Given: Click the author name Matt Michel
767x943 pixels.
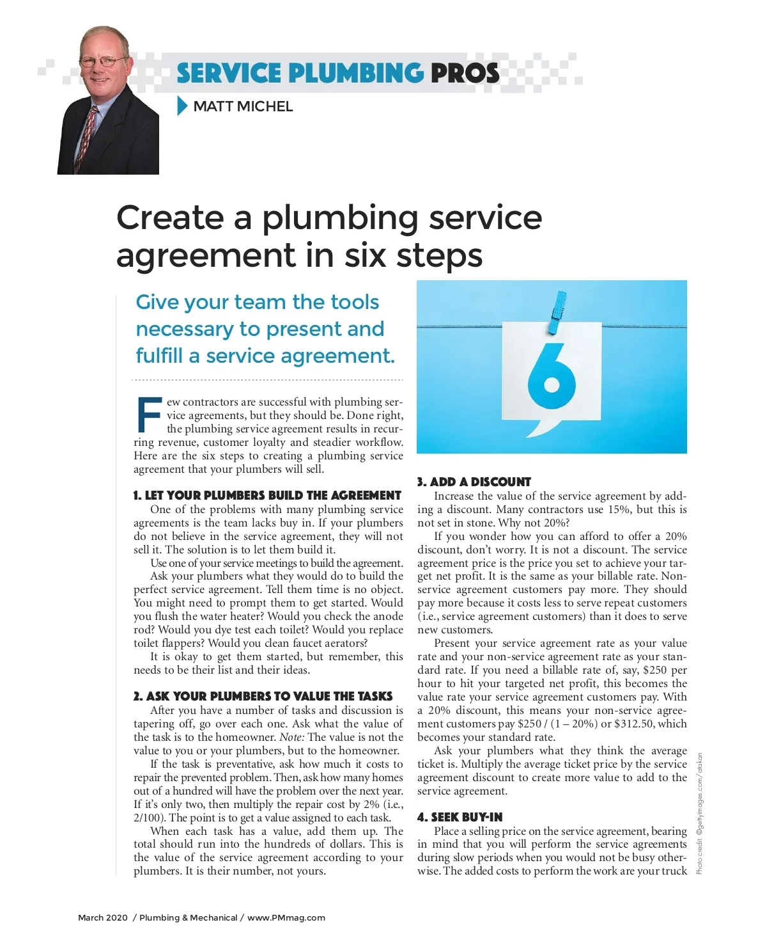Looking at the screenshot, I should click(242, 106).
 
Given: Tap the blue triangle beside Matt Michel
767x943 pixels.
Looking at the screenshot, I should click(182, 106).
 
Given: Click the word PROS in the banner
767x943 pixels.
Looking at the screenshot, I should click(465, 73).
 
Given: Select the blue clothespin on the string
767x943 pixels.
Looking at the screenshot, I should click(557, 312).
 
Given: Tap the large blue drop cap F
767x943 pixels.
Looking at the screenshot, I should click(149, 415).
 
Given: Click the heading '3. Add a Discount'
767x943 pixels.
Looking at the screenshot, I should click(474, 482).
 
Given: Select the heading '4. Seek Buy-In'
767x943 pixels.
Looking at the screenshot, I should click(460, 817).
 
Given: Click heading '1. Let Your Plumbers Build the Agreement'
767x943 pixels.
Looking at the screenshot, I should click(267, 495).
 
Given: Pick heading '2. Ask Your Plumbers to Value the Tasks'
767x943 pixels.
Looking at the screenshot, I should click(263, 696).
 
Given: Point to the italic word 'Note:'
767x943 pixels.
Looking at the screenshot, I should click(292, 737).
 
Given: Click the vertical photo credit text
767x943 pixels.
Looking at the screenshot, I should click(699, 812).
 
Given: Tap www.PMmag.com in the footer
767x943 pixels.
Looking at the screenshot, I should click(286, 917).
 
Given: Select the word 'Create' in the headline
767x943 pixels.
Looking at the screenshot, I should click(170, 218).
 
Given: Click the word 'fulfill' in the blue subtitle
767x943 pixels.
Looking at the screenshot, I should click(159, 356).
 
